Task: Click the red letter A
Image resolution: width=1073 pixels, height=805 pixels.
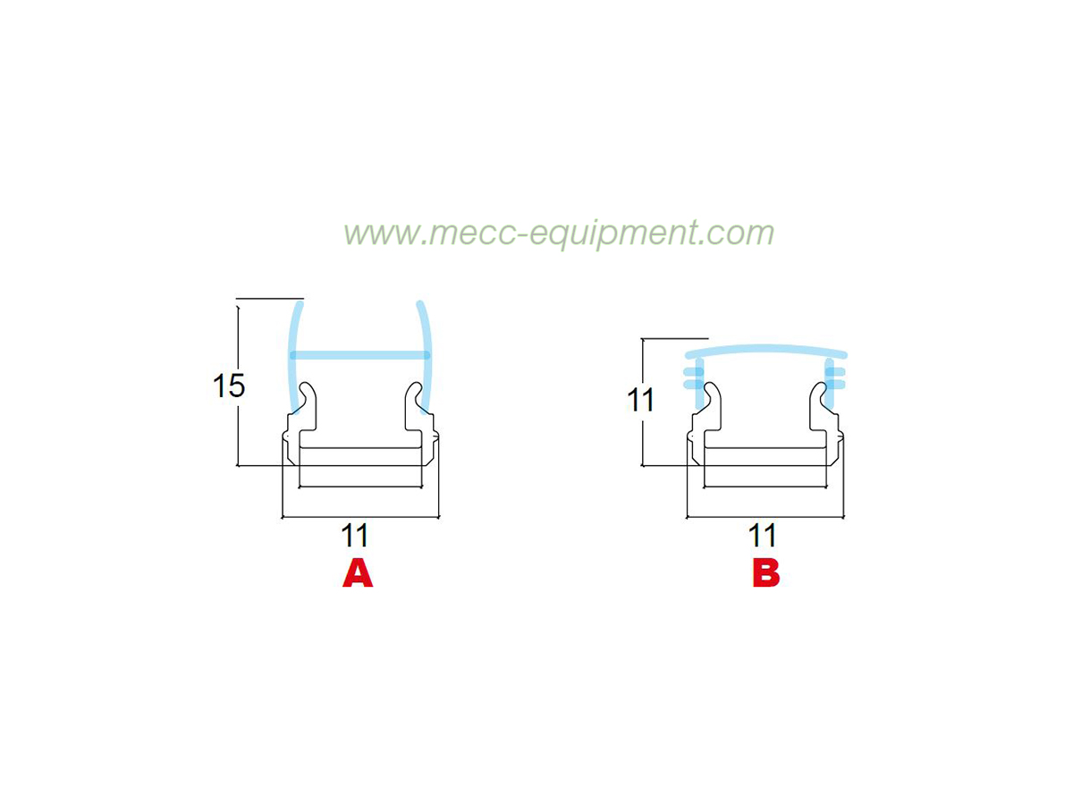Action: click(x=358, y=574)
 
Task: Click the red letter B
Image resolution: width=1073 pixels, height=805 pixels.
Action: click(x=765, y=574)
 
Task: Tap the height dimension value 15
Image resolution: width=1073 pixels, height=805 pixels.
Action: click(x=229, y=386)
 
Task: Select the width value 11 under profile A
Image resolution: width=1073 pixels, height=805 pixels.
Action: click(x=354, y=536)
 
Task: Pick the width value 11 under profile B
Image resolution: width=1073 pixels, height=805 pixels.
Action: click(x=762, y=536)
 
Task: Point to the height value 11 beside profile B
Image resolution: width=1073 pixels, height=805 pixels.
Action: click(x=640, y=401)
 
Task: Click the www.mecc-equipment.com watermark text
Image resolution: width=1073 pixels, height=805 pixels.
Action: click(x=559, y=233)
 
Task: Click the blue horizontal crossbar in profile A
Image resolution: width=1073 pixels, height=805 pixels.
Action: click(x=360, y=355)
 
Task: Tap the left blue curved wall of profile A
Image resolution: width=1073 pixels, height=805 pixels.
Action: click(x=295, y=357)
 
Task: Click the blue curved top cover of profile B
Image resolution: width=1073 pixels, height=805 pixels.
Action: click(x=766, y=350)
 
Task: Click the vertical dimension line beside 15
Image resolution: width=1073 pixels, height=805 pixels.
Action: click(x=238, y=386)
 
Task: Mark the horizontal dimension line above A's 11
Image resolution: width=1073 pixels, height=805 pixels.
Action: click(x=360, y=517)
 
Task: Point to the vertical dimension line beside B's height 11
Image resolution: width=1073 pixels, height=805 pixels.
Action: click(x=643, y=402)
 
